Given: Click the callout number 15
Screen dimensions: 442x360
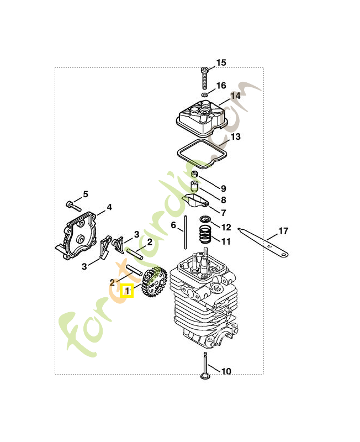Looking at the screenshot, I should click(221, 62).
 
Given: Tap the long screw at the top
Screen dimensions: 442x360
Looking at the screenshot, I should click(205, 78).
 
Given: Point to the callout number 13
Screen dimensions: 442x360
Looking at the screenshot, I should click(235, 136).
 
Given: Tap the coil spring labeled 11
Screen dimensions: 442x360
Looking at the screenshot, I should click(205, 234).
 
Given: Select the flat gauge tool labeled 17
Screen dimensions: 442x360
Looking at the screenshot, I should click(263, 241).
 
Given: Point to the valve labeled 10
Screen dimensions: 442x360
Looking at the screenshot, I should click(205, 367).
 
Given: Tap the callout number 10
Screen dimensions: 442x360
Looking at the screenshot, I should click(226, 371).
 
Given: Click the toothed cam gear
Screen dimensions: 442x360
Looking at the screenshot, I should click(154, 283).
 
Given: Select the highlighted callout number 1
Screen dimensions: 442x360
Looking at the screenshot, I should click(127, 290).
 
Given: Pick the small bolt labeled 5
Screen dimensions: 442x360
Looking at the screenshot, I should click(72, 206).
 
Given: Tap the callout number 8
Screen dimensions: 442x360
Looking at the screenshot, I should click(224, 200).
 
